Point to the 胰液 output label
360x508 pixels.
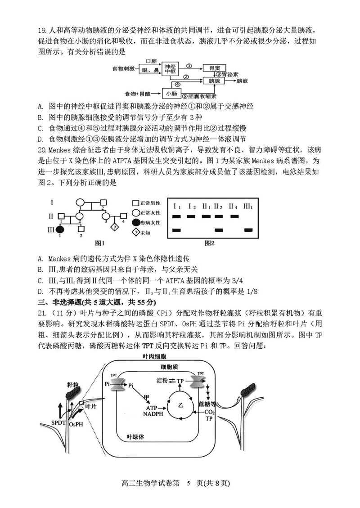tap(242, 81)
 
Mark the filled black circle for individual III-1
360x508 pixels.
tap(58, 229)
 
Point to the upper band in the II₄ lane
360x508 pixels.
tap(234, 216)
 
